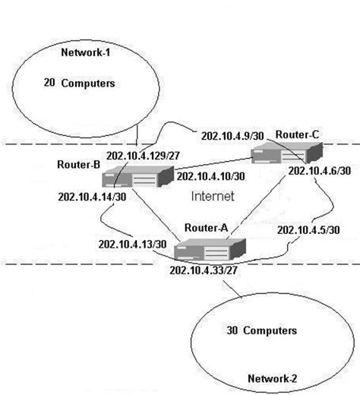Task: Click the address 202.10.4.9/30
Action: coord(232,136)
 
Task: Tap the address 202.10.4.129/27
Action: coord(144,156)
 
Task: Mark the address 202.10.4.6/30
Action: coord(319,171)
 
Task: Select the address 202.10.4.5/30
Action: coord(308,230)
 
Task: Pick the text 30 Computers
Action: coord(261,331)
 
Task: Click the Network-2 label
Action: coord(273,378)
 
